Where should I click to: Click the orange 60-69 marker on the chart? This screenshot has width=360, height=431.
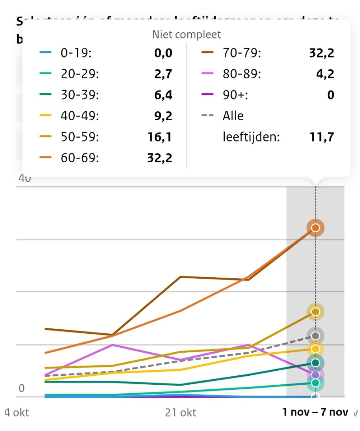click(x=315, y=228)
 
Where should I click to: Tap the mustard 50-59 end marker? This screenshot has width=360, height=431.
click(x=315, y=312)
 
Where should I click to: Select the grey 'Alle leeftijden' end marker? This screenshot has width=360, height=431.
click(x=315, y=335)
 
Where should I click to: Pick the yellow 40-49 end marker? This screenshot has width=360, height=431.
click(x=315, y=349)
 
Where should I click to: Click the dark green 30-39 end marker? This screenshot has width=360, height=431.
click(x=315, y=363)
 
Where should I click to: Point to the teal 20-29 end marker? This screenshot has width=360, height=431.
click(x=315, y=383)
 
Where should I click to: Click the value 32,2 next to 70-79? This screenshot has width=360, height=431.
click(x=322, y=54)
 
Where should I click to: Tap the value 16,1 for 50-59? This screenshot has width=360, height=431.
click(x=160, y=137)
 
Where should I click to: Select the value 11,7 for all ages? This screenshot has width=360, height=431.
click(x=322, y=137)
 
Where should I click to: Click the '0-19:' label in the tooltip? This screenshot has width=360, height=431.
click(x=76, y=54)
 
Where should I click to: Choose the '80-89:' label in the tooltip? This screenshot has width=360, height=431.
click(x=242, y=74)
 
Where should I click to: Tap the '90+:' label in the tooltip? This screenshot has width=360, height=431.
click(x=235, y=95)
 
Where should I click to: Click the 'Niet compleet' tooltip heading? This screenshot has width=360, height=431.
click(x=187, y=34)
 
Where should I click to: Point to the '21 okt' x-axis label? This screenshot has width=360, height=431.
click(x=181, y=413)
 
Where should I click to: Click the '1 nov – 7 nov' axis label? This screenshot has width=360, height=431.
click(x=315, y=412)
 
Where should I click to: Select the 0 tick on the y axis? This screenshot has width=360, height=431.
click(x=21, y=389)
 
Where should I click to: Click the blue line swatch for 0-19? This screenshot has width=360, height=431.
click(x=46, y=54)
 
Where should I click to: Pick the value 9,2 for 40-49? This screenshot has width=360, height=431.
click(x=162, y=116)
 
